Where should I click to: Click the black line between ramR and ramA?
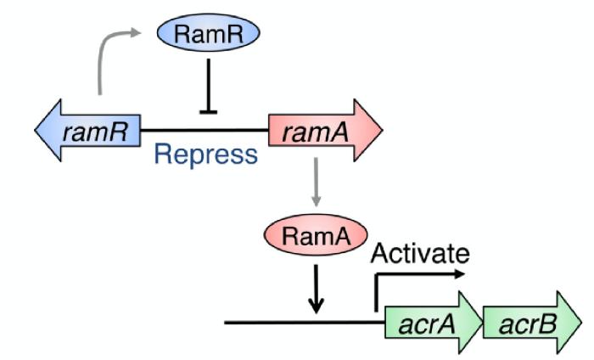204,131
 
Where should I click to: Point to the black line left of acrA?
297,323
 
